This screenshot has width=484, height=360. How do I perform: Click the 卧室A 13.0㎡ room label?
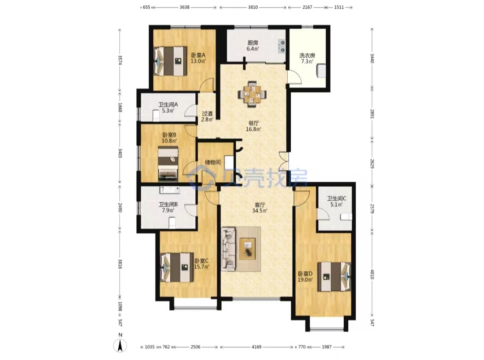pos(198,58)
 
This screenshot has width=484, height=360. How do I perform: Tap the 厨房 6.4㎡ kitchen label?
pos(252,46)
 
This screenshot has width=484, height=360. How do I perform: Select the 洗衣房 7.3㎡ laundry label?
pos(307,58)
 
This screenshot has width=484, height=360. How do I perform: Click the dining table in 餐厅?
pos(252,94)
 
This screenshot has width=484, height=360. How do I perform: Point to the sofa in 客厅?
pos(228,249)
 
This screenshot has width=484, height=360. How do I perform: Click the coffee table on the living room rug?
pos(247,249)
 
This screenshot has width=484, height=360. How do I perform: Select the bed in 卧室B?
pos(168,163)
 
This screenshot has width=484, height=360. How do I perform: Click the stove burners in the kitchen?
pos(282,46)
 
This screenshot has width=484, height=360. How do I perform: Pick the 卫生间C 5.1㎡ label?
pos(337,201)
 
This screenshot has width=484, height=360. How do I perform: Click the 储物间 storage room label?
pos(213,162)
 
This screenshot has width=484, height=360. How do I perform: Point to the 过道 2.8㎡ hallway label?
pos(207,116)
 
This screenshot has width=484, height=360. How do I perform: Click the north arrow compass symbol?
pos(121,343)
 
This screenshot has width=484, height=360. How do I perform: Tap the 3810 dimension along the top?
pos(253,7)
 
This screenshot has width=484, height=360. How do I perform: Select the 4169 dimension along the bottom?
pos(256,347)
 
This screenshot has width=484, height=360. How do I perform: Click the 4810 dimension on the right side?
pos(372,274)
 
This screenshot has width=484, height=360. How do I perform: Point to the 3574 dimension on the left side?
pos(120,60)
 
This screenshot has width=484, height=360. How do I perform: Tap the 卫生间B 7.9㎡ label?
pos(168,207)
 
